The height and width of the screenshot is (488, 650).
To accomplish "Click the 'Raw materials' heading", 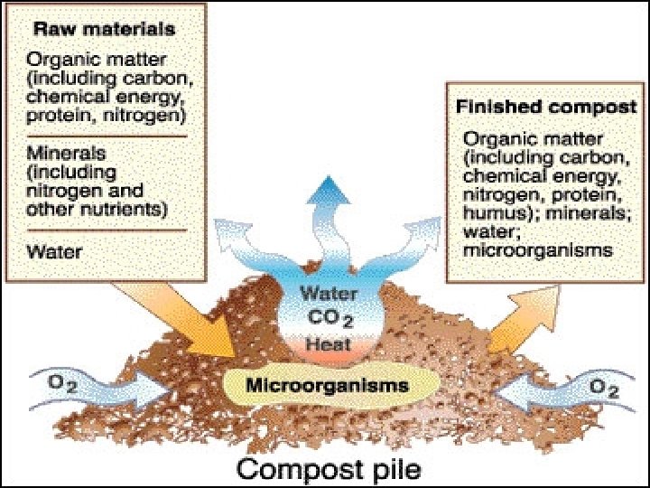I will [101, 29].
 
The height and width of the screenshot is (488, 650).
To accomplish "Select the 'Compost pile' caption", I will [329, 469].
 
